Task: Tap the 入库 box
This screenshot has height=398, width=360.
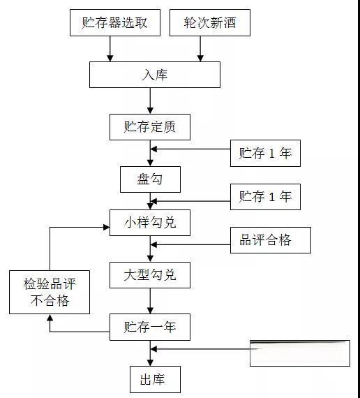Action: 154,75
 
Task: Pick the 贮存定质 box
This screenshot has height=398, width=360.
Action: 149,127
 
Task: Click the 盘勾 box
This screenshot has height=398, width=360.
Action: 150,179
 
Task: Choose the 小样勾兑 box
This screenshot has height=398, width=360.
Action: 149,223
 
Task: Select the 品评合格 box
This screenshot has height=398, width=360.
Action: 265,240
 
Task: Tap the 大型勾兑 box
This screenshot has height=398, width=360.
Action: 149,275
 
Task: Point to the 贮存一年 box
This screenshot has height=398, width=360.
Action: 149,326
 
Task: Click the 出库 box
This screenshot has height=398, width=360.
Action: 155,379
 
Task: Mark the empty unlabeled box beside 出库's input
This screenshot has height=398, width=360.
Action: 299,353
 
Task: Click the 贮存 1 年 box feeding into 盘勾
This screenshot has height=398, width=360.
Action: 265,154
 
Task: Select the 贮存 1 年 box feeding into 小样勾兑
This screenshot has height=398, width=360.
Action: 265,196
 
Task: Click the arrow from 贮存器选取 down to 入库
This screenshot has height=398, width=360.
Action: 110,48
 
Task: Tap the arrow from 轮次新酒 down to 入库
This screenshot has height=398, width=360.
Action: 201,48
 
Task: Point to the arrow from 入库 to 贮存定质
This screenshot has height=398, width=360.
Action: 150,101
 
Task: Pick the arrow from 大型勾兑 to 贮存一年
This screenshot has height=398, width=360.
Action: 150,301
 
